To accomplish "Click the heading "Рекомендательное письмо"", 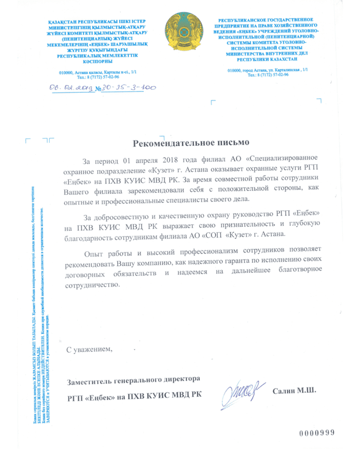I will click(191, 141).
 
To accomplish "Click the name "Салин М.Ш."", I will click(294, 391).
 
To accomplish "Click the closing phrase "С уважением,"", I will click(90, 349).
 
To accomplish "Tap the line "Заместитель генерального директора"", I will click(132, 380).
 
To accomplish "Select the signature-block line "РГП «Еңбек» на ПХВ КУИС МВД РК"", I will click(135, 396).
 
